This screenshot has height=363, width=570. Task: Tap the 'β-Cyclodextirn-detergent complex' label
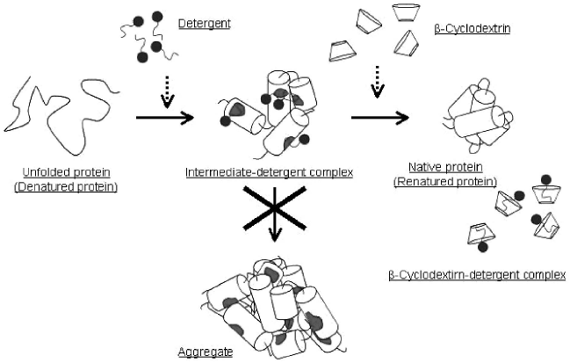476,274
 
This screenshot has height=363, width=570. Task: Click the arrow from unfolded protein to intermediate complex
163,115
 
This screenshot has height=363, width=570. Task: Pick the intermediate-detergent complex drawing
266,118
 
